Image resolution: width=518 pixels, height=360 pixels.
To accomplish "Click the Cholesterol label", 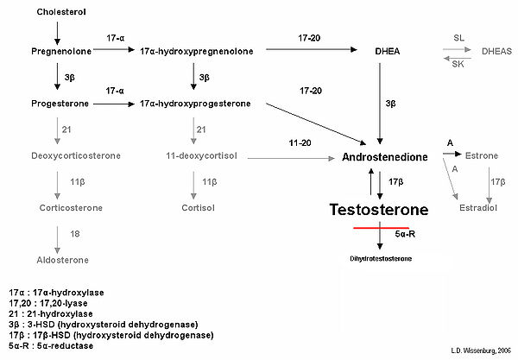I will coord(61,12).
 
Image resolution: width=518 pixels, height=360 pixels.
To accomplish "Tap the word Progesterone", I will coord(57,104).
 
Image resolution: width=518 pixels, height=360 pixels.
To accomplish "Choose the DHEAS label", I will coord(496,52).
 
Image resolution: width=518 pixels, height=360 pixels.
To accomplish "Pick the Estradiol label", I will coord(487,208).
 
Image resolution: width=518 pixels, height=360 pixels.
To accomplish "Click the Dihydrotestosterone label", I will coord(381,258).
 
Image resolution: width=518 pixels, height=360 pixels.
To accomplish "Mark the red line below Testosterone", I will coord(380,228).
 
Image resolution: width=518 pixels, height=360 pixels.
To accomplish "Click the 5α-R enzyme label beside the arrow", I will coord(406,233).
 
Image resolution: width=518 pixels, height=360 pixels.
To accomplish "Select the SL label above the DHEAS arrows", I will coord(458,39).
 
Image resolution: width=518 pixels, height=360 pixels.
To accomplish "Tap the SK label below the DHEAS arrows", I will coord(458,63).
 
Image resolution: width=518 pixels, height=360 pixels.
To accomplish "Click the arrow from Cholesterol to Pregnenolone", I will coord(57,32).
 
